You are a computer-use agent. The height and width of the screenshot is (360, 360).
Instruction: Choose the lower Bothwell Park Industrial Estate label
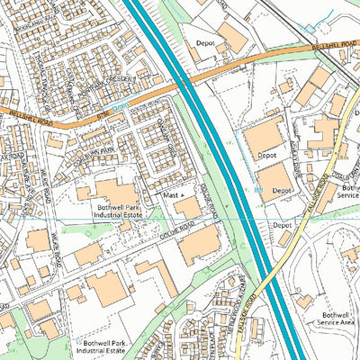pyautogui.click(x=106, y=348)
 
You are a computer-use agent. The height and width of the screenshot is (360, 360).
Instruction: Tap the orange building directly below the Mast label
pyautogui.click(x=188, y=209)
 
